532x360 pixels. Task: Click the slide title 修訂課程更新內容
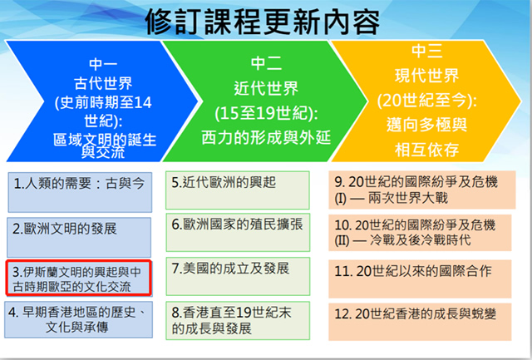(x=263, y=22)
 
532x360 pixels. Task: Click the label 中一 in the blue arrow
(x=103, y=65)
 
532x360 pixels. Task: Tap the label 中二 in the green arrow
(x=266, y=63)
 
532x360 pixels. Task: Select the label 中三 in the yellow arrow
(x=426, y=51)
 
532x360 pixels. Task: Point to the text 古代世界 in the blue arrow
(x=103, y=83)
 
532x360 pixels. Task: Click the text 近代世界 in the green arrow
(x=266, y=89)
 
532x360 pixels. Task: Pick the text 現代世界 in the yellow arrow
(x=426, y=76)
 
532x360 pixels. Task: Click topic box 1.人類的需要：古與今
(x=80, y=192)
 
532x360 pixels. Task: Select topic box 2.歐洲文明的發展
(x=79, y=237)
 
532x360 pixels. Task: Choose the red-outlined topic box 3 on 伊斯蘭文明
(x=78, y=278)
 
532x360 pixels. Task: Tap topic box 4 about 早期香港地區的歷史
(x=78, y=319)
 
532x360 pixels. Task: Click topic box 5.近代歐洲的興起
(x=238, y=190)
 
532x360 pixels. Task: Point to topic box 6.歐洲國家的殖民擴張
(x=238, y=233)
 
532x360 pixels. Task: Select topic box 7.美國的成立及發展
(x=238, y=276)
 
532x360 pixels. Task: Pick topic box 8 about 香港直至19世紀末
(x=238, y=321)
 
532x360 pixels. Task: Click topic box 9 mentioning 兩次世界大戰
(x=422, y=190)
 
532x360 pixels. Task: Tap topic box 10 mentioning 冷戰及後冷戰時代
(x=420, y=233)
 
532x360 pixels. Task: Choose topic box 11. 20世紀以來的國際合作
(x=420, y=279)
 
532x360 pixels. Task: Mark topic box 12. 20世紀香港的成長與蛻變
(x=420, y=322)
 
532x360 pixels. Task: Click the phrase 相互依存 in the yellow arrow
(x=426, y=150)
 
